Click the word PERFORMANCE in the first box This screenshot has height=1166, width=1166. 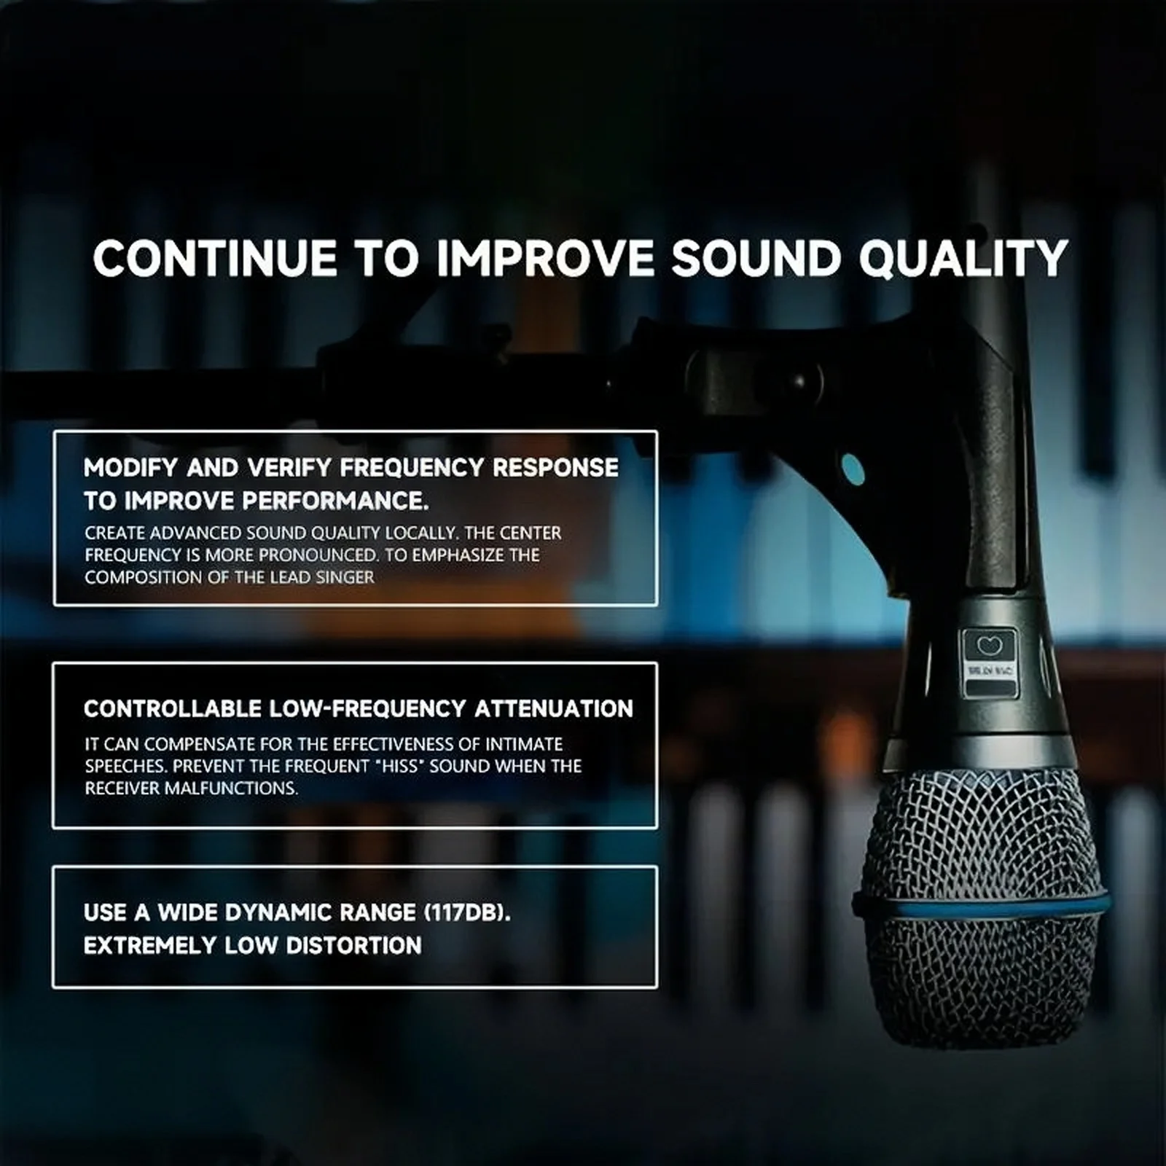click(x=334, y=501)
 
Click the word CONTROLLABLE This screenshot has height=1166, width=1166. click(x=172, y=709)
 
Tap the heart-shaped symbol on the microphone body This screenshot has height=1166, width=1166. click(x=990, y=644)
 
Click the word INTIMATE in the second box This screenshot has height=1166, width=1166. click(x=524, y=744)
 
